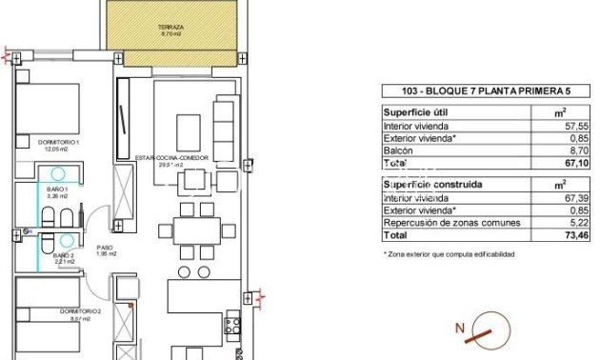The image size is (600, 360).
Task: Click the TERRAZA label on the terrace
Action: [x=171, y=30]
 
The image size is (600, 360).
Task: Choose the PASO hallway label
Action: [x=106, y=250]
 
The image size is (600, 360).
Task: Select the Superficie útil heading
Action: [x=414, y=111]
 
